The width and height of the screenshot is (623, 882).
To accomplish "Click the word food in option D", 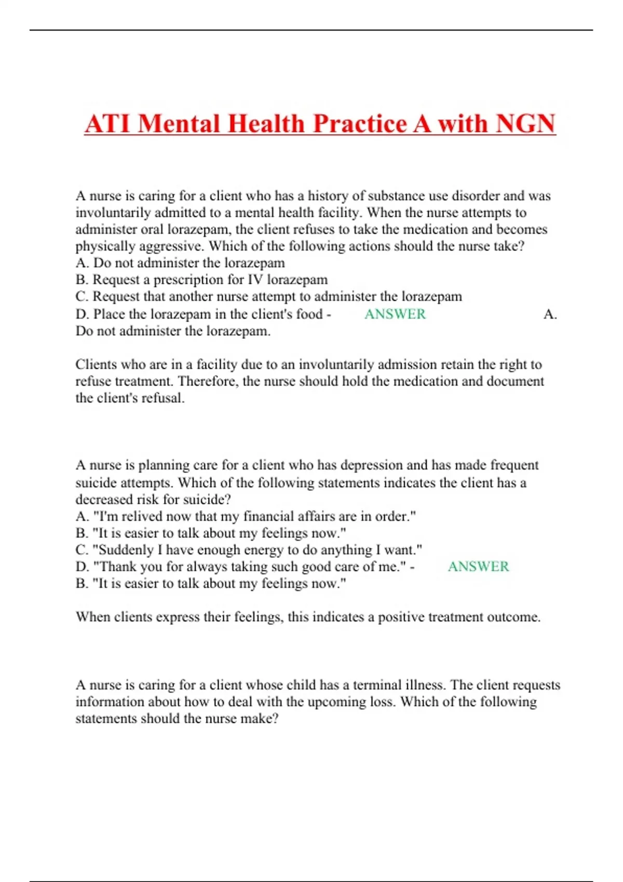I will click(x=308, y=314).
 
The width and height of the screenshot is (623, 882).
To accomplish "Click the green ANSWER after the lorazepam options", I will click(x=395, y=314).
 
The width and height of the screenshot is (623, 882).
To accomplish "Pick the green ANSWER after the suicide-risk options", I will click(x=478, y=566).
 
